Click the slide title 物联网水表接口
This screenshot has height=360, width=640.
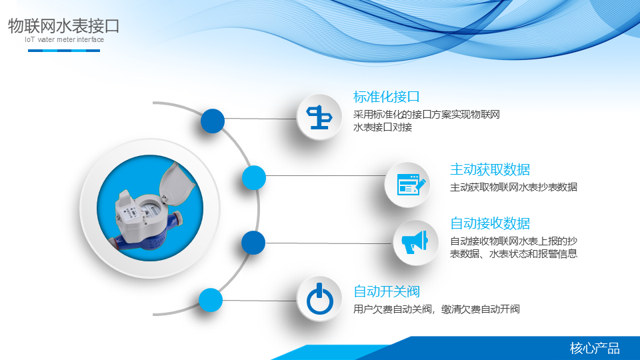[64, 26]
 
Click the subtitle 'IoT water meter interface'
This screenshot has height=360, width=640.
[64, 39]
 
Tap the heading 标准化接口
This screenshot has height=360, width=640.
[386, 97]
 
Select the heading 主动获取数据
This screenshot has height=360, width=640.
[490, 169]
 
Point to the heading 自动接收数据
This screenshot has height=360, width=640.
[490, 223]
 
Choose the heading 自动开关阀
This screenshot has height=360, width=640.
[386, 291]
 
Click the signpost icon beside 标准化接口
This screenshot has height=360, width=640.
[319, 117]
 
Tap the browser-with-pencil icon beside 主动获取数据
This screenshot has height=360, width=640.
[411, 185]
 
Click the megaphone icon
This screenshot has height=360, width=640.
[415, 242]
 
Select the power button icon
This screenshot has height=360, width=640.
[320, 299]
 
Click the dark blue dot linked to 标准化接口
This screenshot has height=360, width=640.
[213, 121]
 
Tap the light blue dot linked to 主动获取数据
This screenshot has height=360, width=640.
[254, 178]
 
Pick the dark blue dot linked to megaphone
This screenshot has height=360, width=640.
[253, 243]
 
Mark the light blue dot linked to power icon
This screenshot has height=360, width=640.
[211, 300]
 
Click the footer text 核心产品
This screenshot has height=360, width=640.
[595, 348]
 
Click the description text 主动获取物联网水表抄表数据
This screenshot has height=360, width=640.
[513, 187]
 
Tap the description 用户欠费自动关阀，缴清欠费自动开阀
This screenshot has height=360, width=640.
[436, 309]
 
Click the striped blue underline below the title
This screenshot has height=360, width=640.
[64, 51]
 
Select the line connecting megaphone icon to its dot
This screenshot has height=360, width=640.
[329, 243]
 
